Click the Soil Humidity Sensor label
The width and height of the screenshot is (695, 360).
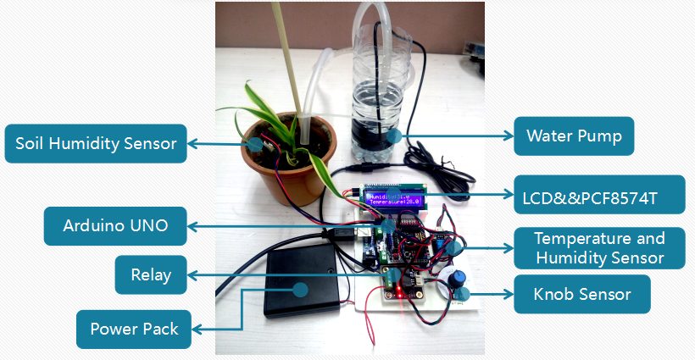coord(96,143)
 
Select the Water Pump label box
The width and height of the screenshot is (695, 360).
coord(574,136)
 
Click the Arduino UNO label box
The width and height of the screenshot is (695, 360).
coord(115,226)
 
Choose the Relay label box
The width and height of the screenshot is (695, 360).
coord(151,274)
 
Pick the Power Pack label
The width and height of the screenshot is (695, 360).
coord(134,329)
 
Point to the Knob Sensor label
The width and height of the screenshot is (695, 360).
coord(582,295)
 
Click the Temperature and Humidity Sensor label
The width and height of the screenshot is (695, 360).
coord(599,248)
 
